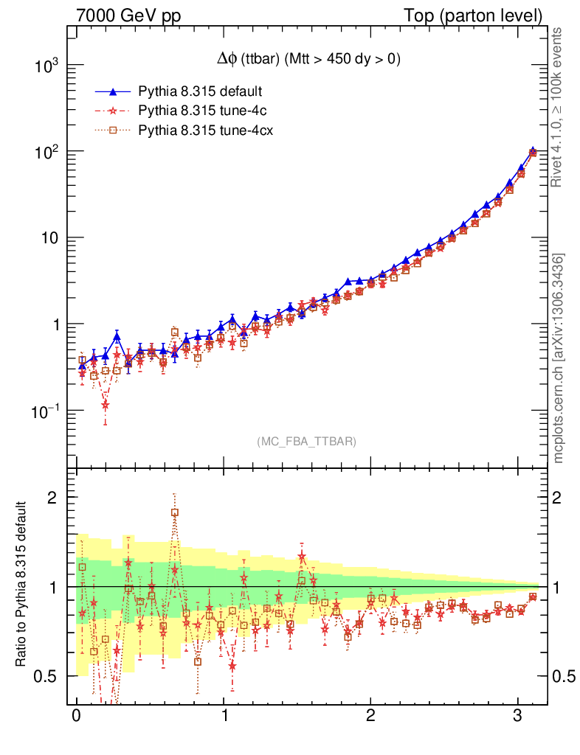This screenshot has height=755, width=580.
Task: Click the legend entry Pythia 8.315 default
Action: point(200,91)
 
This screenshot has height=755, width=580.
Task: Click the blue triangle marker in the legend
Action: point(113,92)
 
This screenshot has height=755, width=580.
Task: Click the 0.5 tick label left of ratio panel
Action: point(49,677)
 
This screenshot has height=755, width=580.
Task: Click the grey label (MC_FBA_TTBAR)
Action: point(306,442)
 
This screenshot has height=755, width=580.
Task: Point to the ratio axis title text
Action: point(24,585)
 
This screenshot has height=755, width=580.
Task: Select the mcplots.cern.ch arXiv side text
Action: point(559,358)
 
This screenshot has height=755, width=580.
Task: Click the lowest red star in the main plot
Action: point(106,405)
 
